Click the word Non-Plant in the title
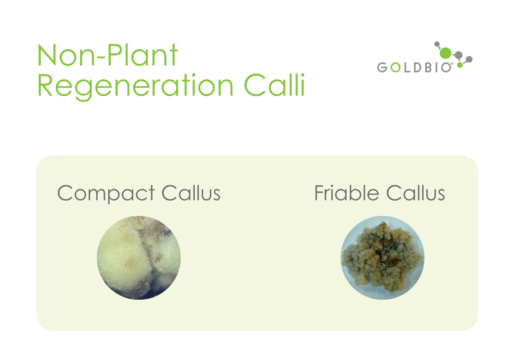pyautogui.click(x=107, y=56)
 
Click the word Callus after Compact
pyautogui.click(x=191, y=193)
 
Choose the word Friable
pyautogui.click(x=346, y=193)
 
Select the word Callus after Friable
pyautogui.click(x=415, y=193)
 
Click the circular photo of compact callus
pyautogui.click(x=139, y=258)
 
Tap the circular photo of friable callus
pyautogui.click(x=382, y=258)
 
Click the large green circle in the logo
pyautogui.click(x=445, y=53)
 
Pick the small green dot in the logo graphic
pyautogui.click(x=460, y=65)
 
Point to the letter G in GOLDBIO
pyautogui.click(x=382, y=68)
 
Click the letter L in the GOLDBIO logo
pyautogui.click(x=407, y=68)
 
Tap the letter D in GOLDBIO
pyautogui.click(x=418, y=68)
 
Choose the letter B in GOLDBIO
pyautogui.click(x=428, y=68)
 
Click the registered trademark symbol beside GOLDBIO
pyautogui.click(x=452, y=64)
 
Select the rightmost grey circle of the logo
pyautogui.click(x=469, y=59)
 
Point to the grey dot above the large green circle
pyautogui.click(x=437, y=44)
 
